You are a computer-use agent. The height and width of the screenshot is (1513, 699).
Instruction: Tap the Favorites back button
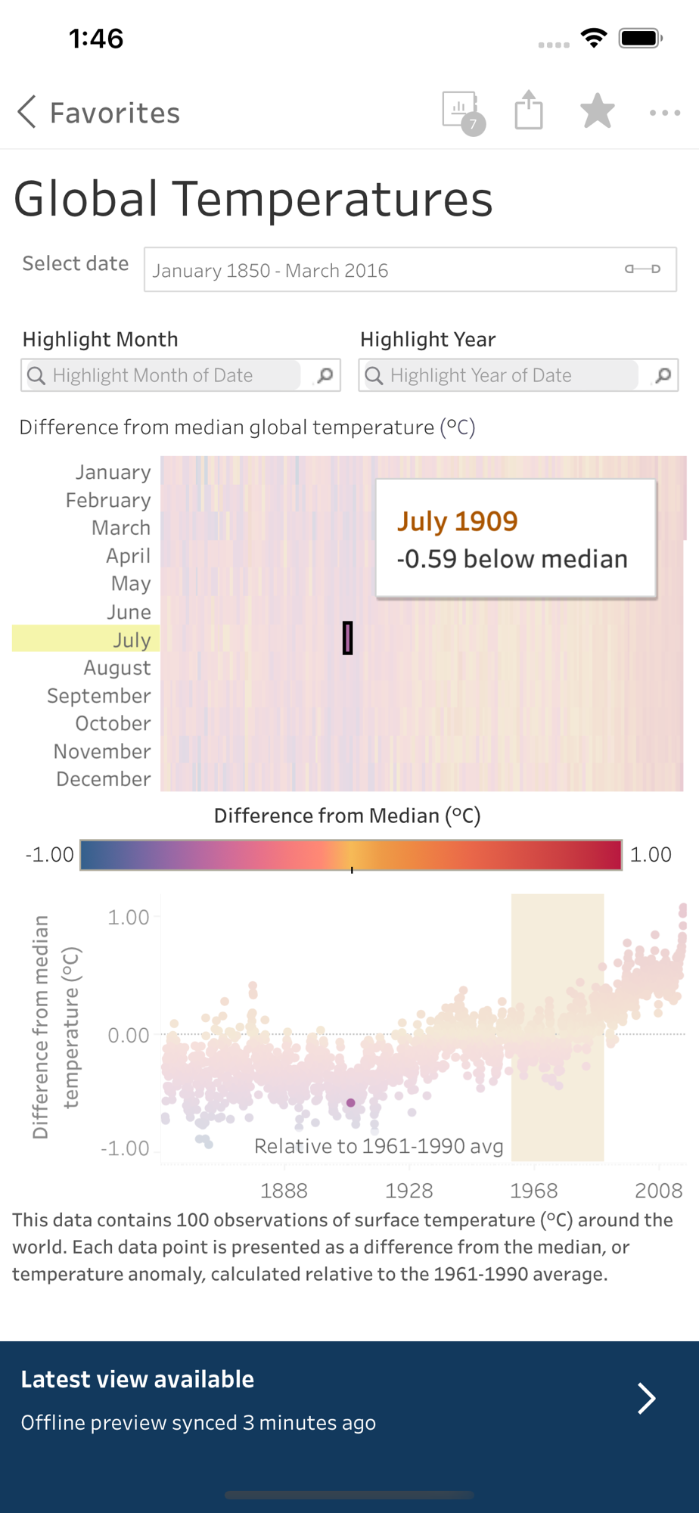[x=98, y=113]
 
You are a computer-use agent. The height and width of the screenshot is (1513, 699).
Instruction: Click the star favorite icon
[x=597, y=111]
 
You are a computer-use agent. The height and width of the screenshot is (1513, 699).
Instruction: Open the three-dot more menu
[x=665, y=113]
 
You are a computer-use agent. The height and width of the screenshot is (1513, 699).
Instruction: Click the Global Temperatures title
[x=253, y=199]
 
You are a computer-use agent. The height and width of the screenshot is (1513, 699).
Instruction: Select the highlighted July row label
[x=132, y=639]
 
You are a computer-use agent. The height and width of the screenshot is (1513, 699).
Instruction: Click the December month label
[x=104, y=779]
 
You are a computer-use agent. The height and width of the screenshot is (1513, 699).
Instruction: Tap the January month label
[x=113, y=472]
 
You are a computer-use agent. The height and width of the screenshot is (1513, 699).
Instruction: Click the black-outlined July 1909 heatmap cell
[x=348, y=638]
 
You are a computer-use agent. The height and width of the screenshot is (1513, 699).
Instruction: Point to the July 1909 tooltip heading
[x=458, y=521]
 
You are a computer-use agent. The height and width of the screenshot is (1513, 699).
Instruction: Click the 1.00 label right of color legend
[x=651, y=855]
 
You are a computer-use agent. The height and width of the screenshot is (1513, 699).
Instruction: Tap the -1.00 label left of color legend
[x=50, y=855]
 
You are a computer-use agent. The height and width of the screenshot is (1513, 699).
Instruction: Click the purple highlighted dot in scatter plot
[x=351, y=1103]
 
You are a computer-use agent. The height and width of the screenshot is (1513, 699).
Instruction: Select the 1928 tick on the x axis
[x=409, y=1191]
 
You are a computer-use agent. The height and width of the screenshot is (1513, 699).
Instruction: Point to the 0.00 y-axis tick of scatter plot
[x=129, y=1035]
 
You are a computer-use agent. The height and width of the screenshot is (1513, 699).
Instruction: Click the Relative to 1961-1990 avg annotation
[x=378, y=1146]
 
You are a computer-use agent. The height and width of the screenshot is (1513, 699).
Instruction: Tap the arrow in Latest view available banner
[x=646, y=1399]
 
